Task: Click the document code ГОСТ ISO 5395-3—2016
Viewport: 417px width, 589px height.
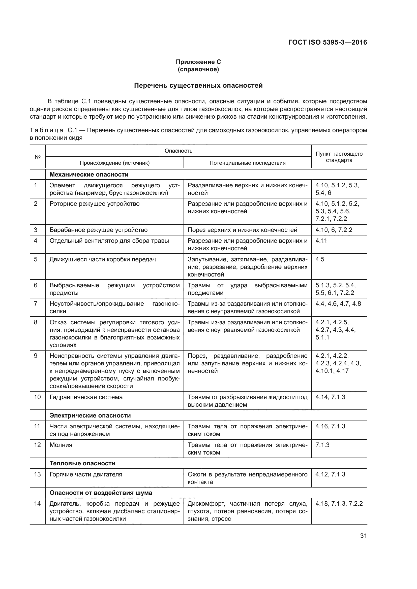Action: pyautogui.click(x=327, y=42)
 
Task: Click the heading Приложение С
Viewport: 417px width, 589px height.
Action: pyautogui.click(x=198, y=62)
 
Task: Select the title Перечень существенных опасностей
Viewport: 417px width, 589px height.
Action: pyautogui.click(x=198, y=85)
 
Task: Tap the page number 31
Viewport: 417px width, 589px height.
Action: pyautogui.click(x=363, y=536)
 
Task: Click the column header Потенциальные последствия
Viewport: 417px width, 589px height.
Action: pyautogui.click(x=247, y=163)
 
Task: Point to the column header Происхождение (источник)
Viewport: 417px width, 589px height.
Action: pyautogui.click(x=114, y=163)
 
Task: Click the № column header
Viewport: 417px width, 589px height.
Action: pyautogui.click(x=38, y=157)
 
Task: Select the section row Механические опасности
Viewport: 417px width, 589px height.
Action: pyautogui.click(x=89, y=175)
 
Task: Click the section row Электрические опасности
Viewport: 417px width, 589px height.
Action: pyautogui.click(x=90, y=415)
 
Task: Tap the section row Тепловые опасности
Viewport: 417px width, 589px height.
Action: pyautogui.click(x=82, y=463)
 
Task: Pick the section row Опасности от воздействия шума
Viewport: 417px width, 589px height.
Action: pyautogui.click(x=101, y=493)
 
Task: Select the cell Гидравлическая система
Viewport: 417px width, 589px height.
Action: pyautogui.click(x=86, y=397)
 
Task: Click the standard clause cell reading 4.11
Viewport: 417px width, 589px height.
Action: pyautogui.click(x=321, y=241)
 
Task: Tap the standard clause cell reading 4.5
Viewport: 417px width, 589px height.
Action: pyautogui.click(x=320, y=259)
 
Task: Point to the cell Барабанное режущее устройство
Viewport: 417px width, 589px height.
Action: pyautogui.click(x=98, y=230)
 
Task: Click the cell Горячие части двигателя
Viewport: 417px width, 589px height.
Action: pyautogui.click(x=86, y=475)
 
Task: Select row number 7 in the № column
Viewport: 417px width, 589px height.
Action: pyautogui.click(x=36, y=304)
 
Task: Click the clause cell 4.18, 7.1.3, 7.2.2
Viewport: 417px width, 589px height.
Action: pyautogui.click(x=339, y=504)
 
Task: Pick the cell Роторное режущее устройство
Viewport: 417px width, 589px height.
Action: pyautogui.click(x=95, y=204)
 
